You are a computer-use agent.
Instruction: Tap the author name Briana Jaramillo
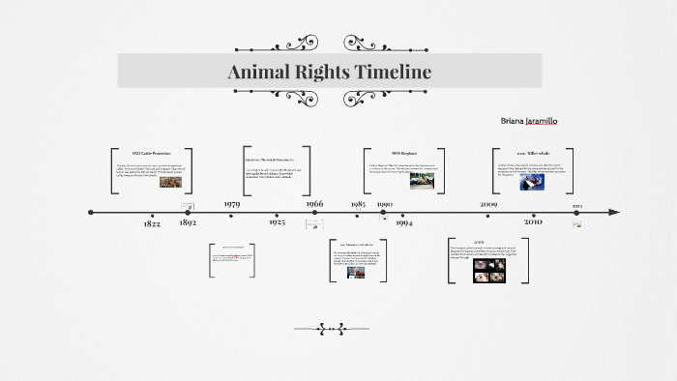point(528,121)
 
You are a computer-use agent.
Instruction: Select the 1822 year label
point(152,223)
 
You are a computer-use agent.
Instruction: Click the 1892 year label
point(189,223)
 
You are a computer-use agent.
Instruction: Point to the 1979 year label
point(232,204)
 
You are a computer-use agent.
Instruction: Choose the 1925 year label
point(277,223)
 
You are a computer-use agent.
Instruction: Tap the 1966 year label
point(314,204)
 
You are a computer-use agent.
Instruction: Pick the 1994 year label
point(404,223)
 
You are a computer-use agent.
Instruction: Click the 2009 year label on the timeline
point(488,204)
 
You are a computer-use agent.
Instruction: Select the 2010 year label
point(533,222)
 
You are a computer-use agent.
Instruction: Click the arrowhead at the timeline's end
point(614,212)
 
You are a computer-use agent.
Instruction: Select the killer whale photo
point(532,181)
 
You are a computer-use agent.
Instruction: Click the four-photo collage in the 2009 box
point(489,270)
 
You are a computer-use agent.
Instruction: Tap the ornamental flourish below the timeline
point(331,329)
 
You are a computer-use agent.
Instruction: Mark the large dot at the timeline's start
point(91,212)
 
